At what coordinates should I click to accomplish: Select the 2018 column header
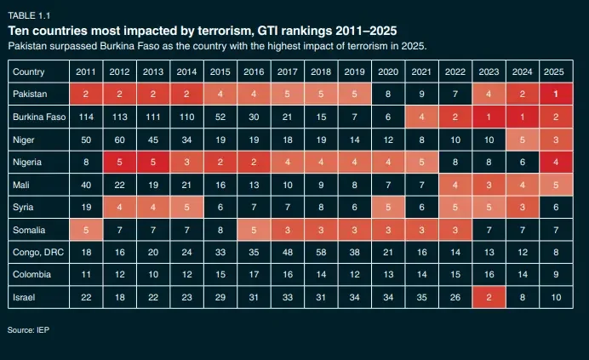(x=322, y=71)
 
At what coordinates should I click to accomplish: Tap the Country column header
(x=30, y=71)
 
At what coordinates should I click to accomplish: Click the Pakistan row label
(x=31, y=93)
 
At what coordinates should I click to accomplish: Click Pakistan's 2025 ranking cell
(x=555, y=93)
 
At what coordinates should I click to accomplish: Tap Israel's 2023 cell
(x=488, y=298)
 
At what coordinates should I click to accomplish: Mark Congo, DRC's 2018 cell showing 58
(x=322, y=252)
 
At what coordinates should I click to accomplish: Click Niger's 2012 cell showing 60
(x=119, y=138)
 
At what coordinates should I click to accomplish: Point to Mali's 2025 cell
(x=555, y=183)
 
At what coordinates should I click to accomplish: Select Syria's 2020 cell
(x=387, y=206)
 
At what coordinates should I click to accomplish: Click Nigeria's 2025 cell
(x=555, y=161)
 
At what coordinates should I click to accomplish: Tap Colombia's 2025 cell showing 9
(x=555, y=275)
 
